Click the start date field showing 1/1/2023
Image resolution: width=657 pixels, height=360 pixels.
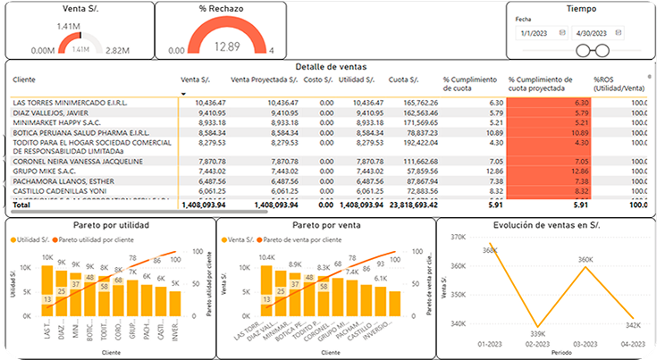point(537,32)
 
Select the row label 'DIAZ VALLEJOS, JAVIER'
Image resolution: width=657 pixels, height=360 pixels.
point(52,113)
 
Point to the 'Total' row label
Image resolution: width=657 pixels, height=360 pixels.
point(21,205)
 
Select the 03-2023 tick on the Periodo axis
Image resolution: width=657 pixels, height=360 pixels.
point(585,344)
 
